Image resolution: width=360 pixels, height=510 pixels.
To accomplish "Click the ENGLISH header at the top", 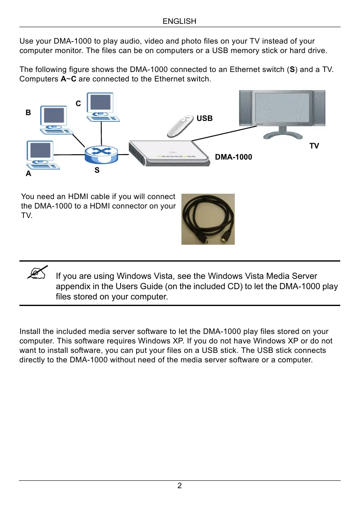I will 179,21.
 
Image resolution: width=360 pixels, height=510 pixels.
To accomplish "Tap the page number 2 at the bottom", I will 179,486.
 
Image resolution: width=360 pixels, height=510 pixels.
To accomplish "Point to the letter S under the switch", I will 97,169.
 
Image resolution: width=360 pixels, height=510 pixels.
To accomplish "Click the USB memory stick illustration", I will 180,125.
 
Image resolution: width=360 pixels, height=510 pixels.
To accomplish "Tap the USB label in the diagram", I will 204,118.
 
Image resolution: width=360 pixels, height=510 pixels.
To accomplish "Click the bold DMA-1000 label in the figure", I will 234,157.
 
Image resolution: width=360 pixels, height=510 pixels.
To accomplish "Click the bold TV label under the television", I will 314,146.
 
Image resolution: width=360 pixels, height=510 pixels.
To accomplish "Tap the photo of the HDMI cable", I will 208,219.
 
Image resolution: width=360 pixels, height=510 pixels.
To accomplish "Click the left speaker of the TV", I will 246,109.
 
